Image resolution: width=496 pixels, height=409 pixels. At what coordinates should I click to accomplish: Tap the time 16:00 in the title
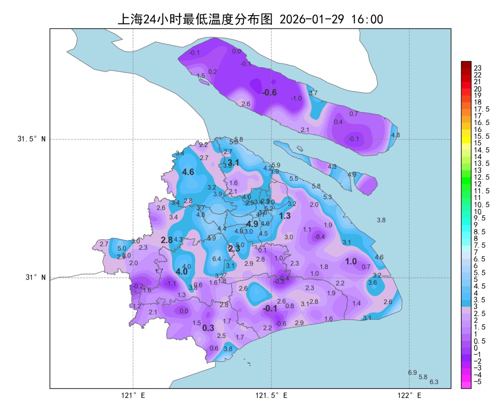(366, 19)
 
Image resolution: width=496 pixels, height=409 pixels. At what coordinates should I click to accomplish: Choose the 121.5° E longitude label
(271, 395)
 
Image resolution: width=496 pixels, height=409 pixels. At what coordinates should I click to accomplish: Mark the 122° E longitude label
(410, 395)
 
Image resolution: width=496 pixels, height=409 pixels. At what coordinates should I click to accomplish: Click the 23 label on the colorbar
(478, 68)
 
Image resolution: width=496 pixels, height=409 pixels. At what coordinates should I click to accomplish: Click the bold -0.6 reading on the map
(269, 92)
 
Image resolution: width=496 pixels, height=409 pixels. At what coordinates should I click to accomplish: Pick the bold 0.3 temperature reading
(208, 328)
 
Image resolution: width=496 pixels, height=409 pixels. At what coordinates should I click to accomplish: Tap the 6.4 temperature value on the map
(217, 259)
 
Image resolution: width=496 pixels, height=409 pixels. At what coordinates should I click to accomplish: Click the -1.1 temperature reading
(170, 283)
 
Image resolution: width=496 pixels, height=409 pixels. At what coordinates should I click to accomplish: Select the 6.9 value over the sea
(412, 373)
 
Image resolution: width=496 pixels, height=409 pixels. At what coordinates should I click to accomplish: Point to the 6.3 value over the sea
(434, 382)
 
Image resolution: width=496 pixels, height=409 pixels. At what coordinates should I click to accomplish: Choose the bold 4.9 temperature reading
(252, 224)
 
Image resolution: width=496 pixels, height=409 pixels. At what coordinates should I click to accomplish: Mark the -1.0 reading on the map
(296, 98)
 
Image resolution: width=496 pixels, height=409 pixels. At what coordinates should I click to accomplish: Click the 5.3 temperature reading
(327, 197)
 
